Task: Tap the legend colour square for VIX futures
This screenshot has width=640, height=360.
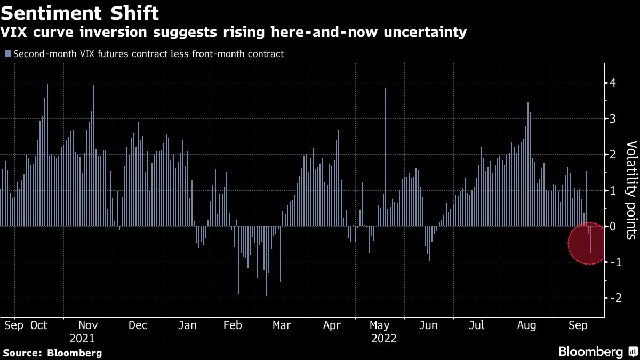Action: point(7,53)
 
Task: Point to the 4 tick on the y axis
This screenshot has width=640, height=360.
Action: point(613,83)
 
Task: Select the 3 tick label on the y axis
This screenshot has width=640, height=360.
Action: point(613,119)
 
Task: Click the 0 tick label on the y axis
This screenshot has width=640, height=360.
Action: point(613,227)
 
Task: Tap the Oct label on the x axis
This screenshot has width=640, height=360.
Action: point(39,325)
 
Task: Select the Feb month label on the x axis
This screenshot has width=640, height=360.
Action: point(233,325)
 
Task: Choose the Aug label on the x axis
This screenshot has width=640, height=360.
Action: point(527,325)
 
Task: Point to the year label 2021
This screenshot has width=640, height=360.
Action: point(82,339)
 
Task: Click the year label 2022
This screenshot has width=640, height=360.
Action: point(383,339)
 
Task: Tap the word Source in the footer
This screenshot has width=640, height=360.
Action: point(22,353)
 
